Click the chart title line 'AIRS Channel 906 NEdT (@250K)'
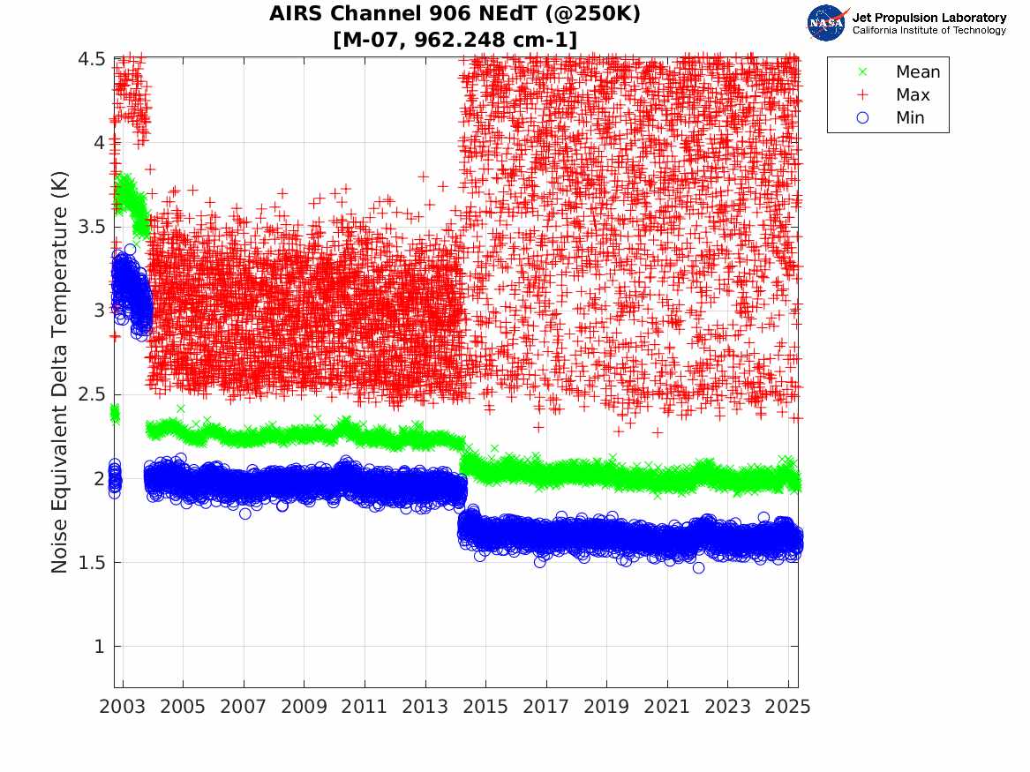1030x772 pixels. [455, 15]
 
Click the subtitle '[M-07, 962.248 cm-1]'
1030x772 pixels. [455, 39]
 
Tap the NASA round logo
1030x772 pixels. [828, 22]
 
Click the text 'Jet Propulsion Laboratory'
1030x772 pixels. [929, 18]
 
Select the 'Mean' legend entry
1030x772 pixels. [918, 72]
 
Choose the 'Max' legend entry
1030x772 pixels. [913, 95]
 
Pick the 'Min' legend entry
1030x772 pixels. [910, 118]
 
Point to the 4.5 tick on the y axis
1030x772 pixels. [92, 59]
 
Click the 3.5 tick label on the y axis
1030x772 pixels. [92, 227]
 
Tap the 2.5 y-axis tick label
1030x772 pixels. [92, 394]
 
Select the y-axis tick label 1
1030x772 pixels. [100, 647]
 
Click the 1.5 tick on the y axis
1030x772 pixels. [92, 563]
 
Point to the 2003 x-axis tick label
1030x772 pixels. [123, 707]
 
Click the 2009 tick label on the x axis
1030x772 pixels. [304, 707]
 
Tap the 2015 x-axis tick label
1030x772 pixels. [485, 707]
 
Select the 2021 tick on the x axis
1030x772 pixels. [667, 707]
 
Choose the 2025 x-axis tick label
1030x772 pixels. [788, 707]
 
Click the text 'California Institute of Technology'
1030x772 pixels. [929, 31]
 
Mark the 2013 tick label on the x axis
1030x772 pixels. [425, 707]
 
